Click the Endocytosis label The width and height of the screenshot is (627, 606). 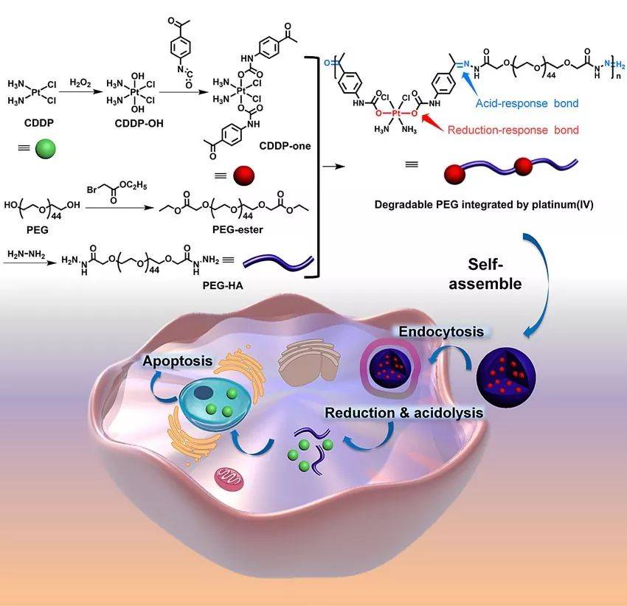point(441,332)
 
